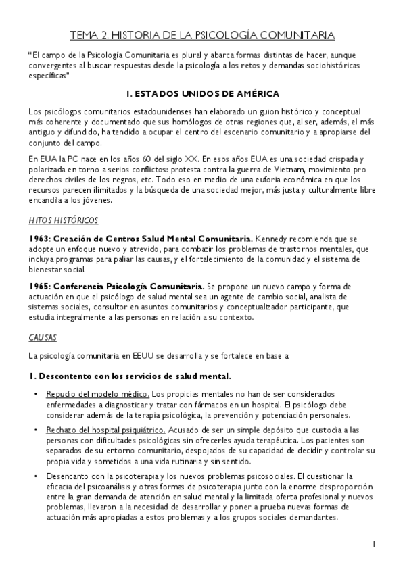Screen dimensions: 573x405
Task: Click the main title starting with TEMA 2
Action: point(202,34)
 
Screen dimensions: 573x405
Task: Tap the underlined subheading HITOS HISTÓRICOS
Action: point(64,220)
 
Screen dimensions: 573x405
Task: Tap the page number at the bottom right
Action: point(373,543)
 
